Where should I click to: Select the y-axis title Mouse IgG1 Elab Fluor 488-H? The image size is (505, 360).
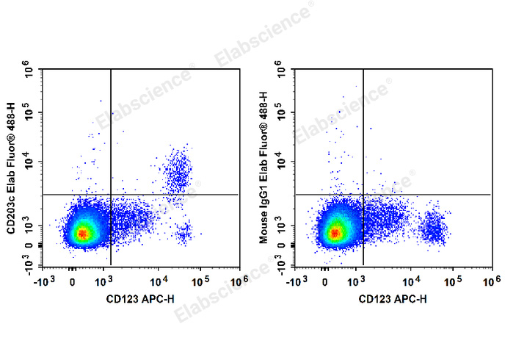pos(265,168)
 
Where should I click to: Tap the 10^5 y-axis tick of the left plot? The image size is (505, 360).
pos(31,115)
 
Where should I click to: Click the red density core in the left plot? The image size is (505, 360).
pos(83,234)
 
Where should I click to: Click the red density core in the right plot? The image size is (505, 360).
pos(335,234)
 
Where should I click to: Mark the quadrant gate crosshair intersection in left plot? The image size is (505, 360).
pos(111,195)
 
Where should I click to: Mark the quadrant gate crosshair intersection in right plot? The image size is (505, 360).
pos(363,195)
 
